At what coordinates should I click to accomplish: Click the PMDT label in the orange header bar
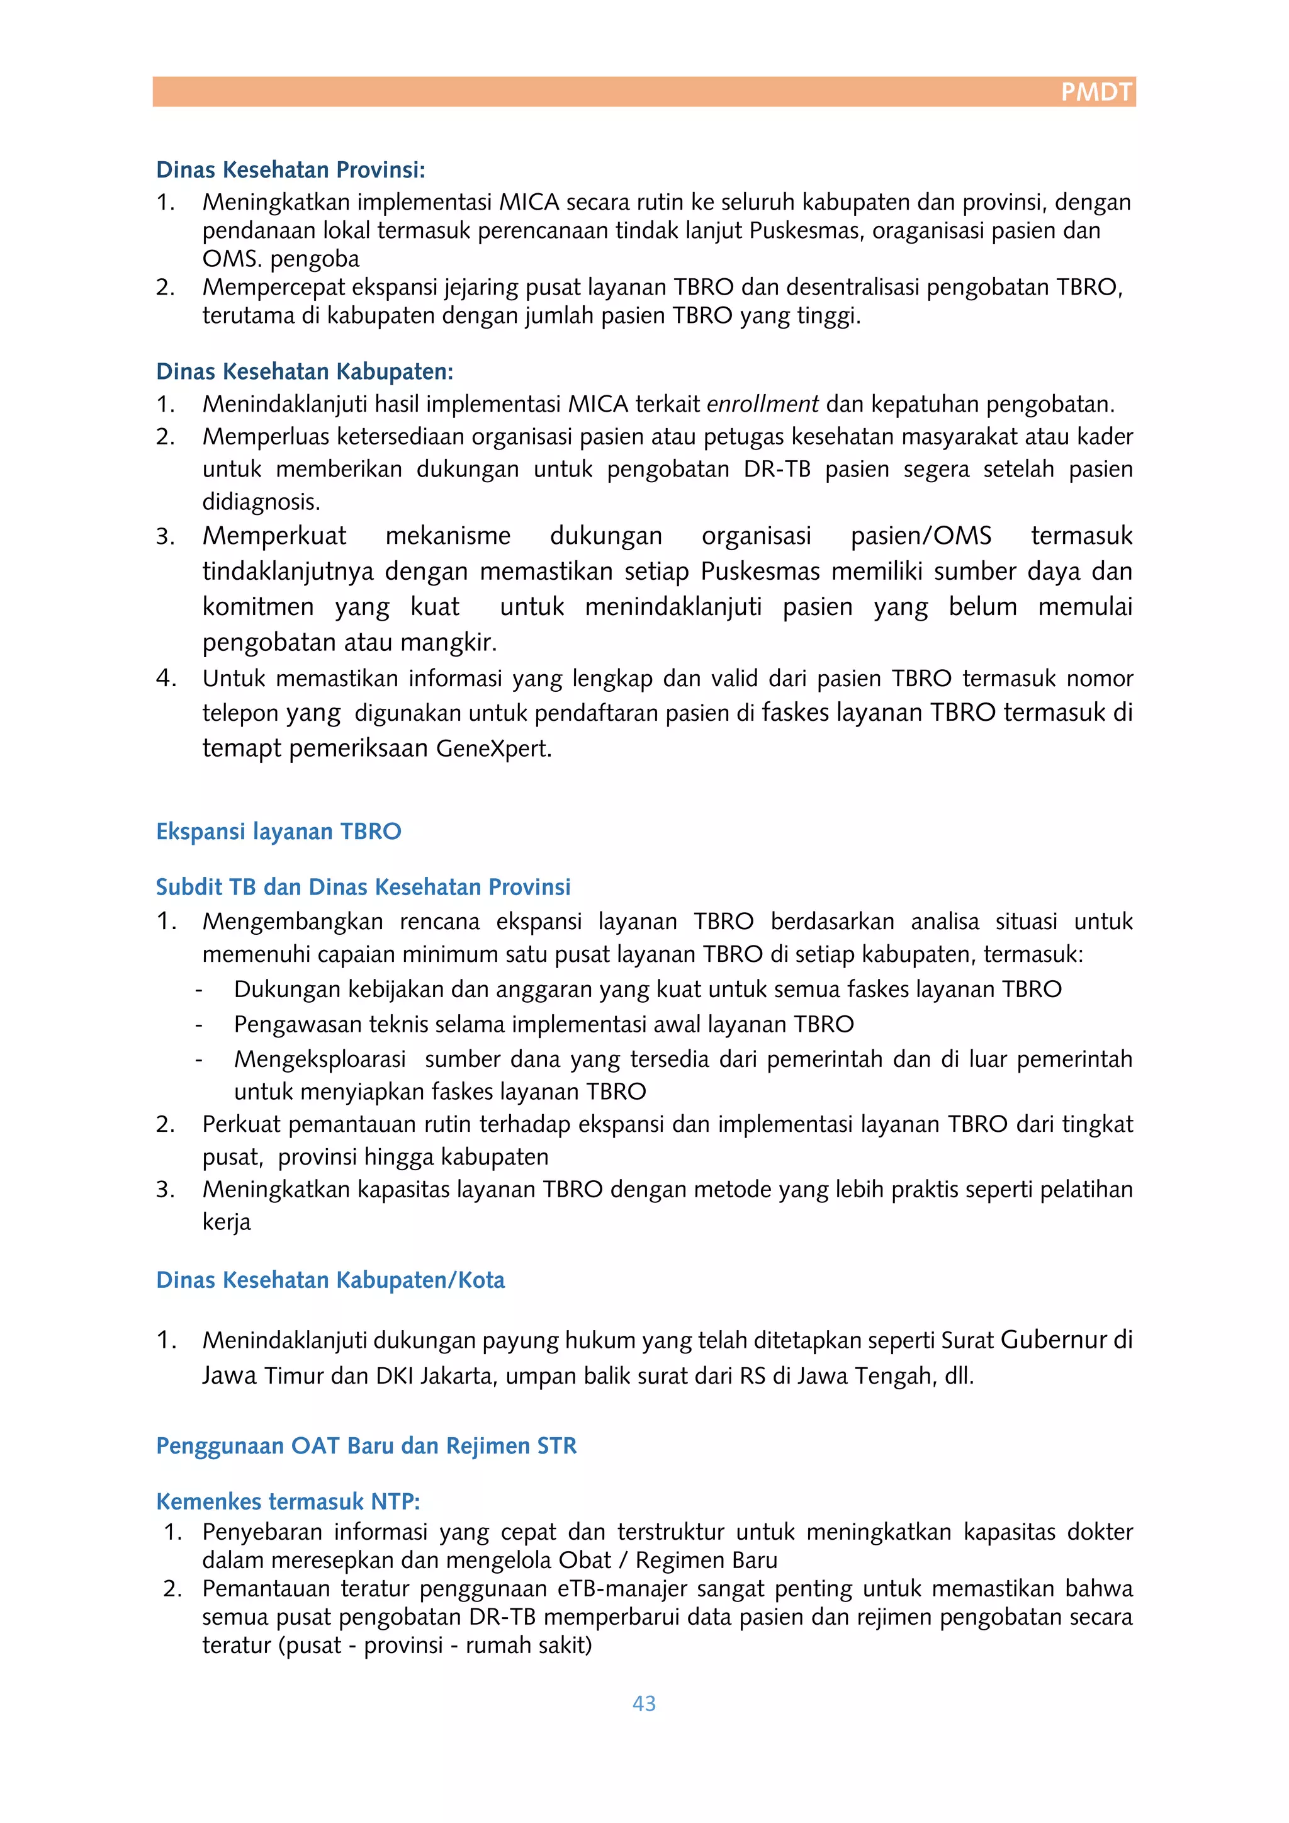pyautogui.click(x=1096, y=92)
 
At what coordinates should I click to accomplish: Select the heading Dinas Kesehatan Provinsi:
pyautogui.click(x=291, y=170)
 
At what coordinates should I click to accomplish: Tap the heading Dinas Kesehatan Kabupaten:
pyautogui.click(x=305, y=371)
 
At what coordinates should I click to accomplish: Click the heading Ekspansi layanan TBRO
pyautogui.click(x=279, y=832)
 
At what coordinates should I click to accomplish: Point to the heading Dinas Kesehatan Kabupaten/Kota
pyautogui.click(x=330, y=1280)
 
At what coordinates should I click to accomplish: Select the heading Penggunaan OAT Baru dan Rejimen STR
pyautogui.click(x=366, y=1445)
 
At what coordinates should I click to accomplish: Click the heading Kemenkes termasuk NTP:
pyautogui.click(x=288, y=1501)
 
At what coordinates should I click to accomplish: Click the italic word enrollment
pyautogui.click(x=762, y=404)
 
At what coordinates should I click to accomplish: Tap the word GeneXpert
pyautogui.click(x=493, y=748)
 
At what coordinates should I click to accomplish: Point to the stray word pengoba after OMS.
pyautogui.click(x=314, y=259)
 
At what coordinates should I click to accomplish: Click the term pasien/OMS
pyautogui.click(x=921, y=536)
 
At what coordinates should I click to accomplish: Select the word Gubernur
pyautogui.click(x=1052, y=1340)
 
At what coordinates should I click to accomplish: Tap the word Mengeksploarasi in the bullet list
pyautogui.click(x=320, y=1059)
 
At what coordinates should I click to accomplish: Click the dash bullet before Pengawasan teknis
pyautogui.click(x=200, y=1025)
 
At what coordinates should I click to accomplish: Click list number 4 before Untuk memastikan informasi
pyautogui.click(x=166, y=678)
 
